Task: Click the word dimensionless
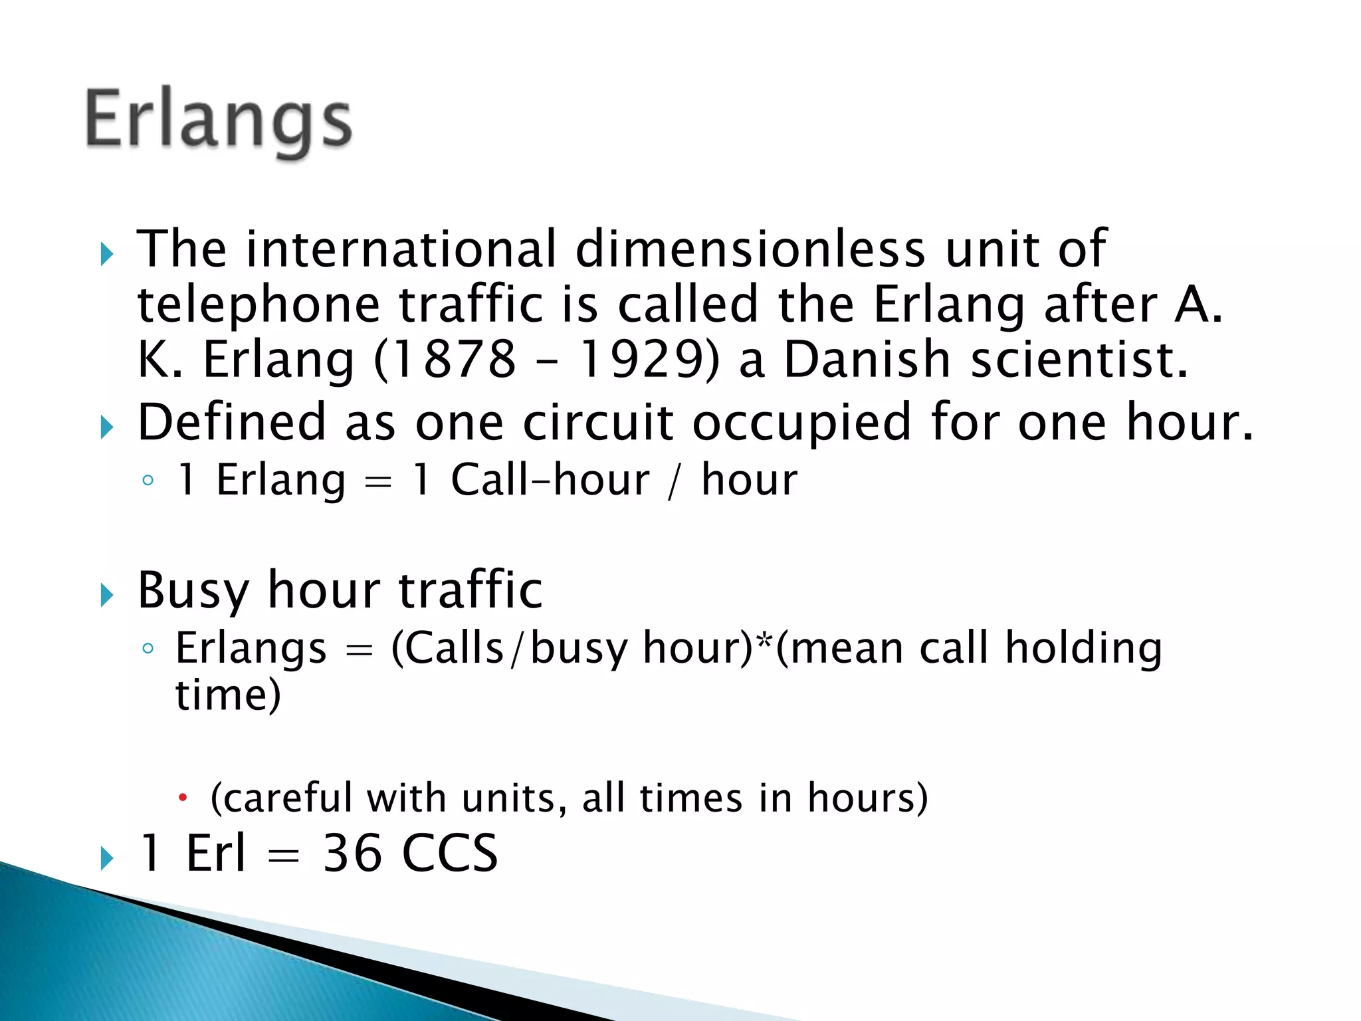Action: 750,249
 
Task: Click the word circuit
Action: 598,423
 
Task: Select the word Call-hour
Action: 550,480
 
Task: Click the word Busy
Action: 193,591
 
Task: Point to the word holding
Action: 1083,649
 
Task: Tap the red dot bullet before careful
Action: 183,797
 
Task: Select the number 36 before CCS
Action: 352,853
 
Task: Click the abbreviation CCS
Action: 450,853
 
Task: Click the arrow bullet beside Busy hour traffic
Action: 107,594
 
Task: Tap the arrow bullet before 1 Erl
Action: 107,858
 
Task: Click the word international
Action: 401,249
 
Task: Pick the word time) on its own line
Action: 228,696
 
